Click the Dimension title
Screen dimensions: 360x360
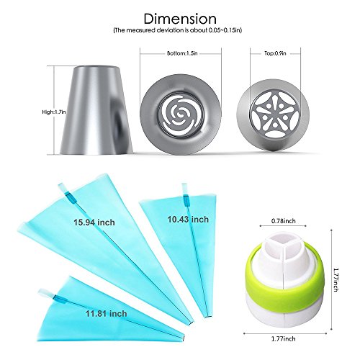(x=180, y=19)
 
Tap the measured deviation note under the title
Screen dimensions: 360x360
(x=178, y=30)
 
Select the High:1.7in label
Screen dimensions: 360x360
(x=54, y=112)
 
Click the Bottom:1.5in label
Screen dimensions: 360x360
(x=182, y=53)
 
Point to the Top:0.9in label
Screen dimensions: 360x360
(x=275, y=53)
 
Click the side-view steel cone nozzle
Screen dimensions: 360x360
(x=96, y=109)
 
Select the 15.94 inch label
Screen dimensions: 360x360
(x=94, y=222)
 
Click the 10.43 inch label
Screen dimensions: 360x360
(x=188, y=219)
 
